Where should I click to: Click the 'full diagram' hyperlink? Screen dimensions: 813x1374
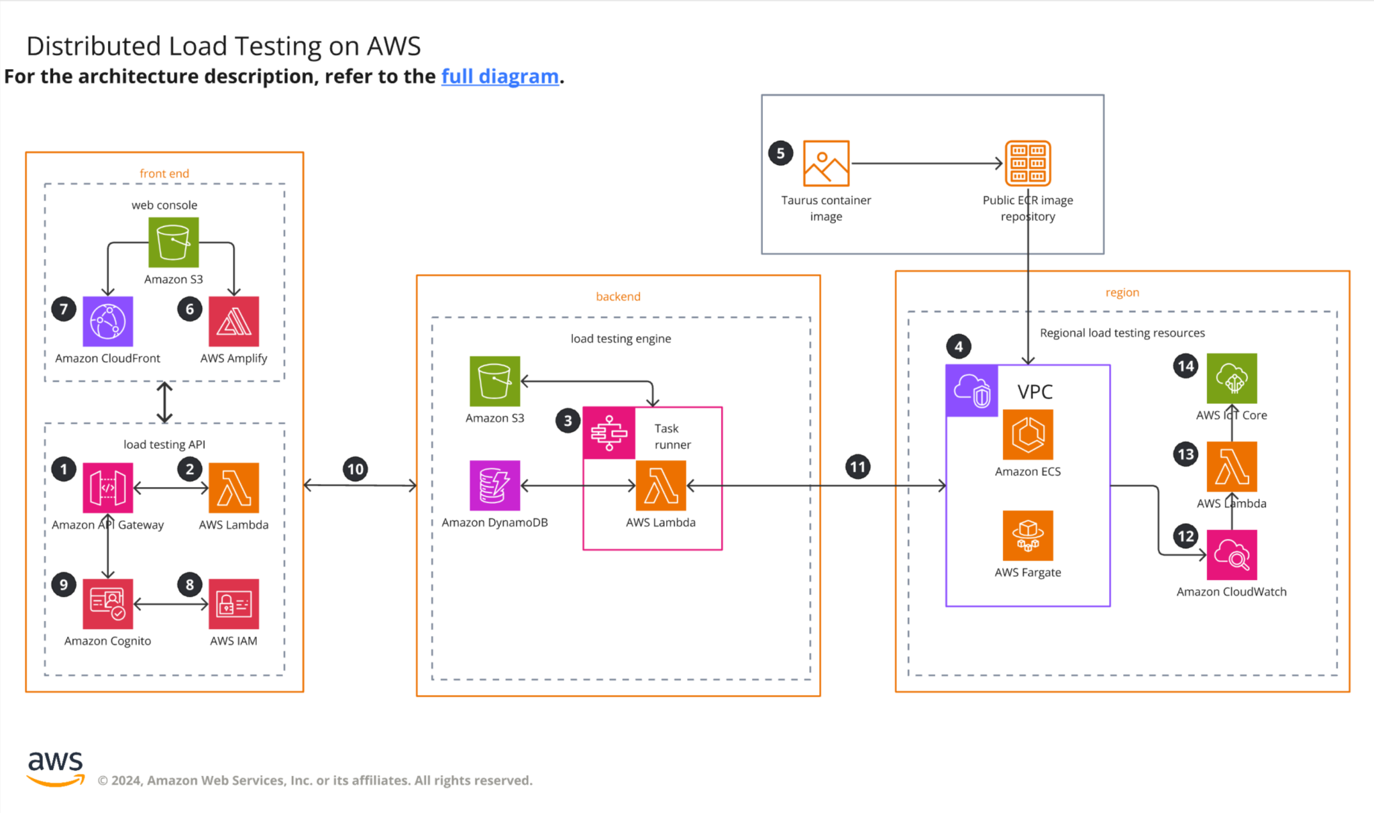[x=500, y=76]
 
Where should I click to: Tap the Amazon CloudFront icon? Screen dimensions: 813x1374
[x=108, y=321]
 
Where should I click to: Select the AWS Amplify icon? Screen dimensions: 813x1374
[x=233, y=321]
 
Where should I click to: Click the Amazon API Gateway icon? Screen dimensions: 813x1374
[x=108, y=488]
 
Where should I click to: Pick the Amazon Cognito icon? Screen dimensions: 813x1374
[x=108, y=604]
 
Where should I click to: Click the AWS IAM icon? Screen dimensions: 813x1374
[x=233, y=604]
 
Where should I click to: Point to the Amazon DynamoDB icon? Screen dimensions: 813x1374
[x=494, y=485]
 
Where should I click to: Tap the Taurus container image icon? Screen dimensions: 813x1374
[x=826, y=163]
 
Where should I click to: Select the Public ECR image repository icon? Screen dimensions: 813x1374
[x=1027, y=163]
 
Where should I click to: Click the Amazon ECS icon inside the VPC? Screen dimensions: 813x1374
[x=1027, y=435]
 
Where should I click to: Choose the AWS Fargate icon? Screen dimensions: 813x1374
[x=1027, y=535]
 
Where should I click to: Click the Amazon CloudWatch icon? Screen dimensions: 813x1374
[x=1231, y=555]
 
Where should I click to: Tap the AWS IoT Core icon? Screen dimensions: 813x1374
[x=1231, y=378]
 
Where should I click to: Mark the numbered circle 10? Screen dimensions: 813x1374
[x=355, y=469]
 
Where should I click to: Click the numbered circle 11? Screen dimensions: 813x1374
[x=857, y=467]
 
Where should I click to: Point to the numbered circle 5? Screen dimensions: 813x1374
[x=780, y=154]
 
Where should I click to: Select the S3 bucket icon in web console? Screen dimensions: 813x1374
[x=173, y=242]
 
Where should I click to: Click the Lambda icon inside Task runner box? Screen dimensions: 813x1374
[x=660, y=485]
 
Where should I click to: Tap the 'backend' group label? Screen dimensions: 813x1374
[x=618, y=296]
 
